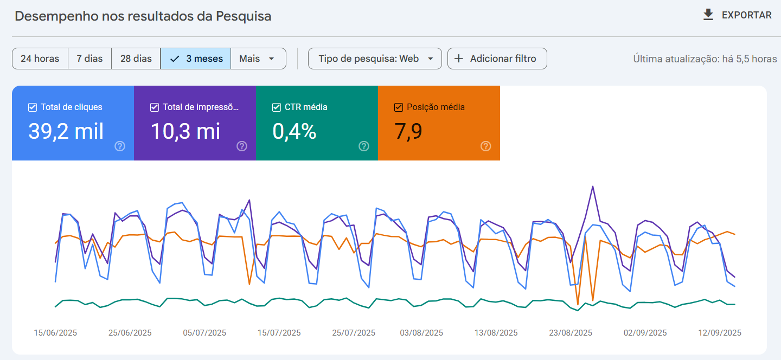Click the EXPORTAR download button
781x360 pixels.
point(737,15)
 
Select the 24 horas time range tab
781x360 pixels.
point(40,59)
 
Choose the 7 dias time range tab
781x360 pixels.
point(89,59)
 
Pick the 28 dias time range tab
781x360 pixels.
point(136,59)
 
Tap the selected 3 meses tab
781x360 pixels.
point(196,59)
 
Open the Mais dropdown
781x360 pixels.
point(258,59)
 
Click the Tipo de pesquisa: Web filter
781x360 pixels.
point(375,59)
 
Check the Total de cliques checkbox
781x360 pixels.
point(33,107)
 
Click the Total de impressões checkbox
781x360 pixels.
point(155,107)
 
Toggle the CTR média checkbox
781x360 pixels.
point(277,107)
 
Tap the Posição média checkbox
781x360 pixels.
point(399,107)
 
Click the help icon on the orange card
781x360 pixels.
point(486,146)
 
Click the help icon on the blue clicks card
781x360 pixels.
point(120,146)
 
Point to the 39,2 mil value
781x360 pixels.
point(66,132)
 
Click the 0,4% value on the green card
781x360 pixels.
point(295,132)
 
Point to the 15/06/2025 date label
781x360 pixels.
point(55,332)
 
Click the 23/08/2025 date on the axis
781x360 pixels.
point(571,332)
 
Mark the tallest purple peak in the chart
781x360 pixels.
point(593,187)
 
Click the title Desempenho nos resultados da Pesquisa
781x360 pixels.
point(143,16)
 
